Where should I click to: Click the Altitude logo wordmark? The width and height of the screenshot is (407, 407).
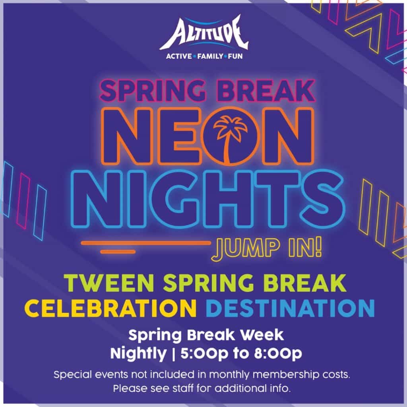coord(204,34)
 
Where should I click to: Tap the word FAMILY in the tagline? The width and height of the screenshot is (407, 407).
coord(210,56)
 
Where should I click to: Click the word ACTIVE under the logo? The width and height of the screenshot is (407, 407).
coord(179,56)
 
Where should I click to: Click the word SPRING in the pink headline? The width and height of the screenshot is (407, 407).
coord(151,91)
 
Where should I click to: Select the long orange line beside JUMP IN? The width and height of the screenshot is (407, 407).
coord(146,243)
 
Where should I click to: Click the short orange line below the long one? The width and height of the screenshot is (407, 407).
coord(118,252)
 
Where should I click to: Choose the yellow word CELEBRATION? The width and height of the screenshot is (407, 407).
coord(110,308)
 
